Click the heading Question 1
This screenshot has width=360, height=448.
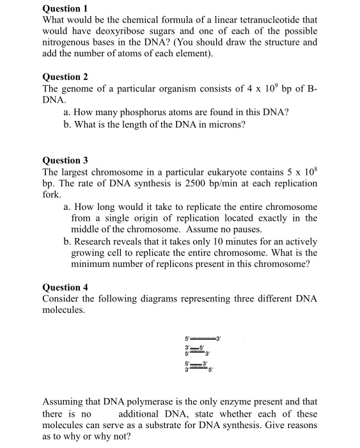65,9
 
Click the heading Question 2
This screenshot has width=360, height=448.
65,77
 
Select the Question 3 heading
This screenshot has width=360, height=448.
65,160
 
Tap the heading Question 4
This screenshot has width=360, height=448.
65,287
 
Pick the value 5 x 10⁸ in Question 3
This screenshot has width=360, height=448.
304,172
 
